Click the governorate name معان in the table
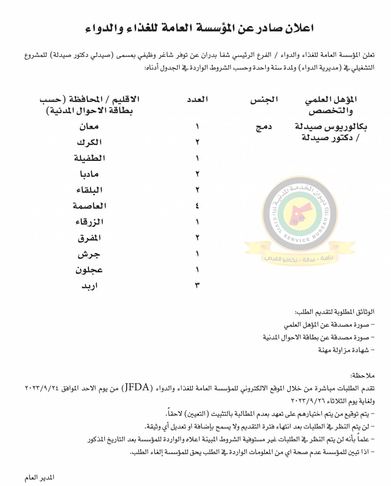(x=89, y=126)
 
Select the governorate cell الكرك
(x=89, y=142)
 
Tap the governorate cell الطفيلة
(x=89, y=158)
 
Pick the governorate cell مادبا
(x=89, y=174)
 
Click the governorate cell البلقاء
(x=89, y=190)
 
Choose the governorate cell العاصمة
(x=89, y=206)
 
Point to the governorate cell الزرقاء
(x=89, y=222)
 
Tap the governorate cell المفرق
(x=89, y=238)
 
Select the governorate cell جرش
(x=89, y=254)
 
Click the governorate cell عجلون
(x=89, y=270)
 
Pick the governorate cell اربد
(x=89, y=286)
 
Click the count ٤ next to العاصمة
(x=197, y=206)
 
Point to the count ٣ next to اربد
(x=197, y=286)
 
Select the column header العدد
(x=197, y=99)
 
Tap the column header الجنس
(x=264, y=100)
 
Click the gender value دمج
(x=264, y=127)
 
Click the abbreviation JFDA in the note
(x=137, y=388)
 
